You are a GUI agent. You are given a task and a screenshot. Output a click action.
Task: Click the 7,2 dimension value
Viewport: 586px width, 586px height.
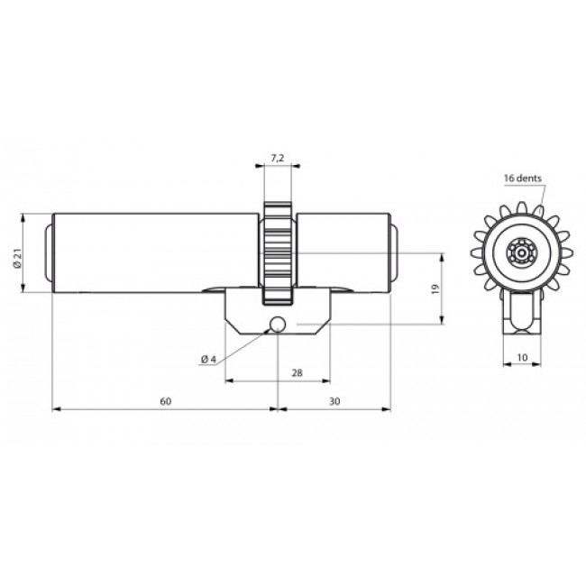277,158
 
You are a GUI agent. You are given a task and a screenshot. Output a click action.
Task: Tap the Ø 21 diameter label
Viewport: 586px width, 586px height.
17,259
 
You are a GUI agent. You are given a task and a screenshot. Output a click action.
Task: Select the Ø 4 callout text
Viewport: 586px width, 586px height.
208,360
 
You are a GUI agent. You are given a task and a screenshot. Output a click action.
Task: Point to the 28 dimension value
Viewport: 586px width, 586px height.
297,372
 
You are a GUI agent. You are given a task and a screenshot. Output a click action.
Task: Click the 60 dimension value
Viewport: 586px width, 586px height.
166,401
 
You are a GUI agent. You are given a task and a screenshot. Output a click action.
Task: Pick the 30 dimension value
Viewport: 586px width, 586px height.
334,401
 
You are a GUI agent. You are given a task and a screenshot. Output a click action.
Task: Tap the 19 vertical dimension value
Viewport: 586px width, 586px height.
435,288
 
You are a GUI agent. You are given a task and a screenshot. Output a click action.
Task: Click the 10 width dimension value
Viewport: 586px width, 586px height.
522,357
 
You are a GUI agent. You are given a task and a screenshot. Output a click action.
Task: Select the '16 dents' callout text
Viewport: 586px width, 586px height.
523,179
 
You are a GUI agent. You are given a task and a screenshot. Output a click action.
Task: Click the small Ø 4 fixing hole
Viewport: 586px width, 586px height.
278,325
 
